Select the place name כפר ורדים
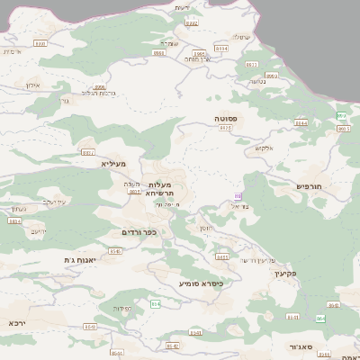pyautogui.click(x=139, y=232)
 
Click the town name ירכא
pyautogui.click(x=17, y=321)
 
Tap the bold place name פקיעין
pyautogui.click(x=285, y=273)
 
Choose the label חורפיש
pyautogui.click(x=308, y=186)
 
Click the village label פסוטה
pyautogui.click(x=225, y=117)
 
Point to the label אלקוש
pyautogui.click(x=264, y=148)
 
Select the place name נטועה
pyautogui.click(x=257, y=82)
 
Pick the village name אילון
pyautogui.click(x=33, y=85)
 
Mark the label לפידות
pyautogui.click(x=123, y=309)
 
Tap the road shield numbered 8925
pyautogui.click(x=225, y=129)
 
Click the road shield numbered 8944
pyautogui.click(x=301, y=123)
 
